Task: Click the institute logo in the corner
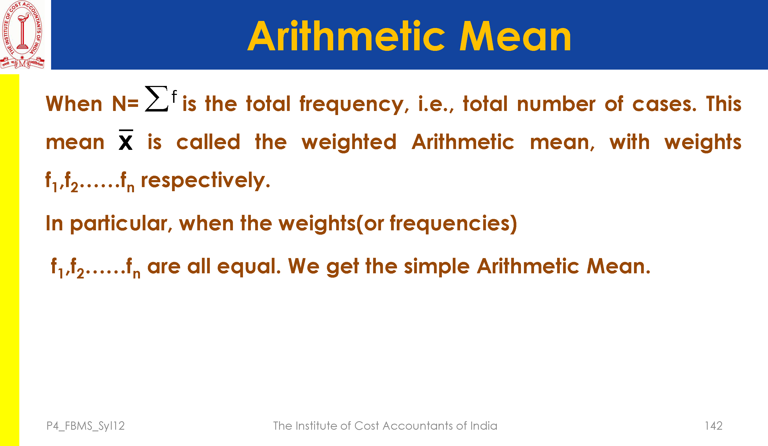(22, 35)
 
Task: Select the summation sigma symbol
(156, 98)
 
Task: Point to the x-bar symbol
(126, 140)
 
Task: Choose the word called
(208, 142)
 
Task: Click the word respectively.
(205, 181)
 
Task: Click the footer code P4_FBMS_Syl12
(86, 426)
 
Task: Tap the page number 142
(713, 426)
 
